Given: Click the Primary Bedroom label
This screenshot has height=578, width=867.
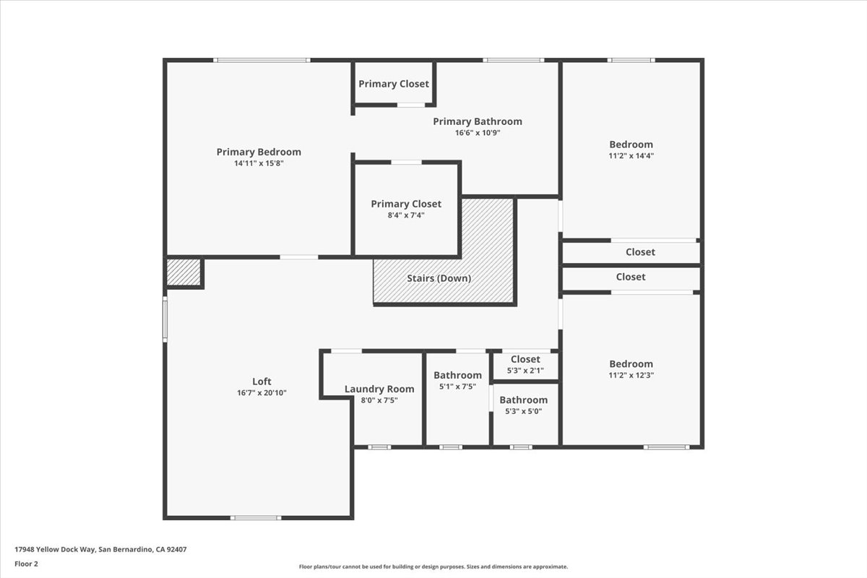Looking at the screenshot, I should tap(259, 152).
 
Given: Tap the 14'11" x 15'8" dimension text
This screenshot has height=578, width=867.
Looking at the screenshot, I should tap(259, 163).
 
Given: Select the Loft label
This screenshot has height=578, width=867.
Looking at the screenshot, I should tap(262, 381).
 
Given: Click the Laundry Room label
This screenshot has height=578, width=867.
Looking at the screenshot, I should tap(379, 389).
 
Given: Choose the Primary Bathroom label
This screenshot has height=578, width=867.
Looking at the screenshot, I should tap(477, 121).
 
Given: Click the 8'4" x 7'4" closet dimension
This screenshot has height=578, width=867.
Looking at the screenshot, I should tap(406, 215).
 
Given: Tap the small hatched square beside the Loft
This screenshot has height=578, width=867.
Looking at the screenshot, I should tap(184, 272).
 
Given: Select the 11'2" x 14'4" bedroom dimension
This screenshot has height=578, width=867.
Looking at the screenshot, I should tap(631, 155).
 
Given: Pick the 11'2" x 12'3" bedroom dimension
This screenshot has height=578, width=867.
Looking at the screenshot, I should tap(631, 375).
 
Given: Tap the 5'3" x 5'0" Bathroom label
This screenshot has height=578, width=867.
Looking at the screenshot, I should tap(523, 400).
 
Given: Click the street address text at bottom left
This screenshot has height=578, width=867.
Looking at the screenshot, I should tap(100, 549).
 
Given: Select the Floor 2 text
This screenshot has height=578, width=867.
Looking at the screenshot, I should tap(27, 563).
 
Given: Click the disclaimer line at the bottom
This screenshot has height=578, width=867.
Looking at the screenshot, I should tap(433, 567).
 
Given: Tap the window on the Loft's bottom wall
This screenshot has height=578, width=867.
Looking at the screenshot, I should tap(256, 517).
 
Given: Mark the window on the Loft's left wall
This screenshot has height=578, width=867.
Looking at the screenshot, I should tap(165, 320).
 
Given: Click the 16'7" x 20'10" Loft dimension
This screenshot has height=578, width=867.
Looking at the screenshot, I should tap(262, 393).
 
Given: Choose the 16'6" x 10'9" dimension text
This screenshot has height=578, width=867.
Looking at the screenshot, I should tap(477, 133).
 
